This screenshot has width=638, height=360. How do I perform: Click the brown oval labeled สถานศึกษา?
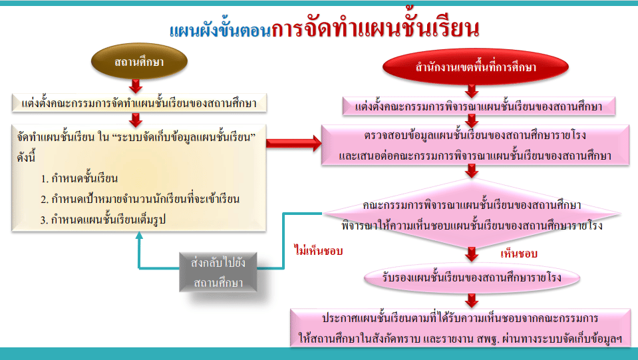pos(139,61)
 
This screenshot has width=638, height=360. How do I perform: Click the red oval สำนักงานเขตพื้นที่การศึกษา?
pos(475,67)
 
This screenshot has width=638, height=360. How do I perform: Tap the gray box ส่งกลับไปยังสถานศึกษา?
pos(218,272)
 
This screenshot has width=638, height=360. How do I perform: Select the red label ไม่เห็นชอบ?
pos(318,251)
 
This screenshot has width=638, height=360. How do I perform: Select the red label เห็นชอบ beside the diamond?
pos(519,254)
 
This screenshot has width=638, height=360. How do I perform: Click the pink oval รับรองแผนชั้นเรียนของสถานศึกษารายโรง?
pos(472,278)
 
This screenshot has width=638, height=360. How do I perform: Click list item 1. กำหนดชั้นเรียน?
pos(79,178)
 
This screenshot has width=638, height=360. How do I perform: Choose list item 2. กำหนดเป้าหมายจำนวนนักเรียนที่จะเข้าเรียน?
pos(140,200)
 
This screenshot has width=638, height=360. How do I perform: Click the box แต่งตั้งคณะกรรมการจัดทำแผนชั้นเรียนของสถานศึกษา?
pos(139,103)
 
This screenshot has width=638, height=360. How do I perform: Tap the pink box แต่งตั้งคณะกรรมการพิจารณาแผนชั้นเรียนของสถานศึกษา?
pos(478,106)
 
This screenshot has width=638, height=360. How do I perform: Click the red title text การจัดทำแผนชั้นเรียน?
pos(375,28)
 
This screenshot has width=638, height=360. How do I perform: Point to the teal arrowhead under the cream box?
pos(139,235)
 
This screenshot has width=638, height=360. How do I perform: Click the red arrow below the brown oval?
pos(136,86)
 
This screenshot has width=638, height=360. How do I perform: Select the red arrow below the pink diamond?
pos(472,254)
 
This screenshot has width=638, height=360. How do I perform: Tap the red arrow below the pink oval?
pos(472,301)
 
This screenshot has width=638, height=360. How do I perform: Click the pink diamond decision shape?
pos(472,214)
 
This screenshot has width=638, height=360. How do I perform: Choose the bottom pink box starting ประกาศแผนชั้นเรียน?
pos(460,328)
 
